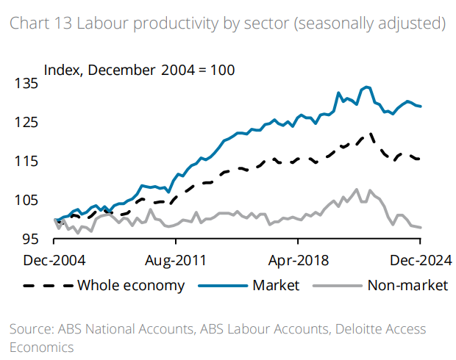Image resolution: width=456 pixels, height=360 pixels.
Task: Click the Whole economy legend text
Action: (x=130, y=285)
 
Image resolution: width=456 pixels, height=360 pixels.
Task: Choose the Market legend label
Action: (x=275, y=285)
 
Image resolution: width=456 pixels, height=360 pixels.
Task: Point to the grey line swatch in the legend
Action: (x=336, y=285)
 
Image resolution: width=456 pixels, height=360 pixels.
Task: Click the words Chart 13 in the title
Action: (x=36, y=24)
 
